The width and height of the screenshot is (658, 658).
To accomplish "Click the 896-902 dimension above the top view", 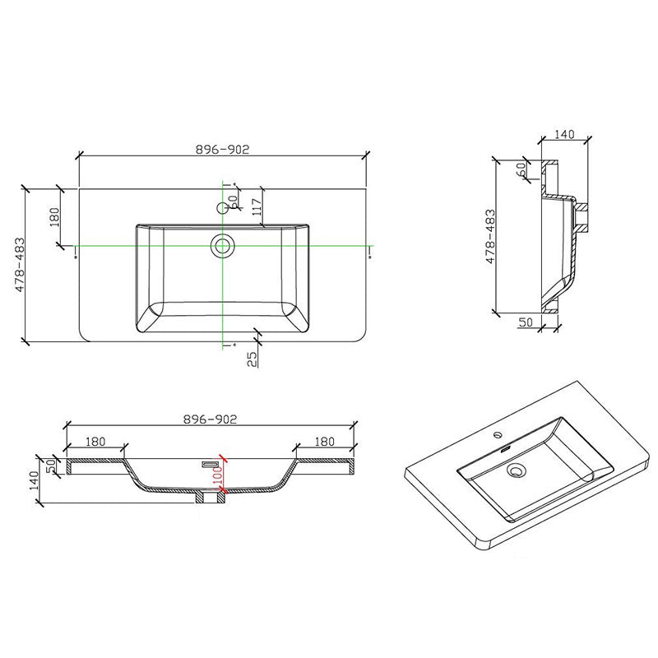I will coord(222,149).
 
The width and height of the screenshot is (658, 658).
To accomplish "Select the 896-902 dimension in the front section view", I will coord(211,419).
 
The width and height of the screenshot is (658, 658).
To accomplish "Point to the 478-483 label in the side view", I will coord(491,235).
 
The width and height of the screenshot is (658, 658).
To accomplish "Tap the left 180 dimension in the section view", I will coord(95,442).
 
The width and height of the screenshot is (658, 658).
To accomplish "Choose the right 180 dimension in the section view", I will coord(324,442).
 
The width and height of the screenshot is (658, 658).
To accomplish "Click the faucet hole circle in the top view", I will coord(222,208).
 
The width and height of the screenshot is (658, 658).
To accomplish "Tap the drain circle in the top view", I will coord(222,245).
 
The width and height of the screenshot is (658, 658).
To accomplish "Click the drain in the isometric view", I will coord(517,471).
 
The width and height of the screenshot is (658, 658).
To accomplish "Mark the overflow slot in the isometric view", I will coord(503,449).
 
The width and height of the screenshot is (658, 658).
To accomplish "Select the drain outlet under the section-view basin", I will coord(211,497).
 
